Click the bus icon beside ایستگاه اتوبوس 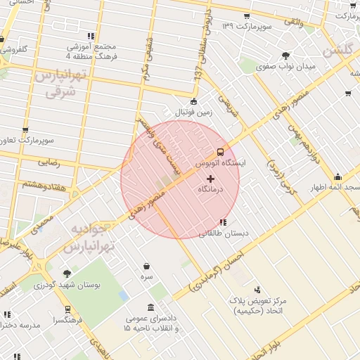tap(220, 151)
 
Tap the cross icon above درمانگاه tap(210, 179)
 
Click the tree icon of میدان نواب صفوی tap(285, 56)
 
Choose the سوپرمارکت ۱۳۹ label tap(247, 26)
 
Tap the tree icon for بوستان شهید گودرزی tap(67, 274)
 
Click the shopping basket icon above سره tap(146, 266)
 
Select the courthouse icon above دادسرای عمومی tap(152, 308)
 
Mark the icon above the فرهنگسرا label tap(67, 309)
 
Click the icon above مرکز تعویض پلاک tap(257, 289)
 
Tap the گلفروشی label tap(15, 50)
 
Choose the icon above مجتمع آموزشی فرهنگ tap(90, 35)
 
